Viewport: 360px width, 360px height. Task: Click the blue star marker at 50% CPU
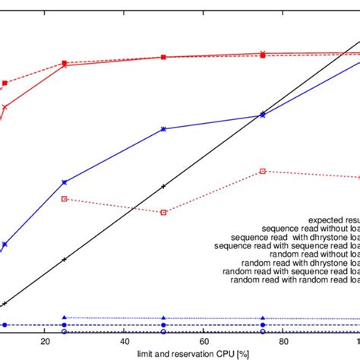(x=163, y=130)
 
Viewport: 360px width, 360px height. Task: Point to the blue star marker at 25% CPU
(x=65, y=182)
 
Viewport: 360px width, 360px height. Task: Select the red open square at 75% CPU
(x=263, y=171)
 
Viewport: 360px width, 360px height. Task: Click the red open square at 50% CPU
(x=163, y=213)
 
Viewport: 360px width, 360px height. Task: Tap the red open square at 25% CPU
(x=65, y=199)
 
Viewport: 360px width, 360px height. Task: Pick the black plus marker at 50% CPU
(x=163, y=186)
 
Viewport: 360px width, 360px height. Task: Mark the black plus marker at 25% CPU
(x=65, y=260)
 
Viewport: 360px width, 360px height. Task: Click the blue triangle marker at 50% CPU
(x=163, y=318)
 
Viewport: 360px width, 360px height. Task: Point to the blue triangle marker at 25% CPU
(x=65, y=317)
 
